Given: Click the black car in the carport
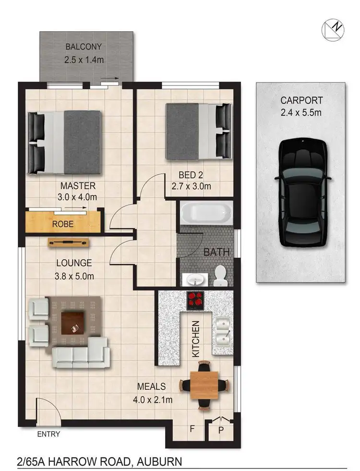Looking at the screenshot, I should [x=303, y=192].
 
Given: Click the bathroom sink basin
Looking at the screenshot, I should [x=195, y=278].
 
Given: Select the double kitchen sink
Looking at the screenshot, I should [x=222, y=331].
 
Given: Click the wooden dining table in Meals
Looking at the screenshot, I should [x=203, y=385].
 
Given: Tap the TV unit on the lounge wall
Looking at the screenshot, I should [x=69, y=242].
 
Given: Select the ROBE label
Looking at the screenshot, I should [x=63, y=223].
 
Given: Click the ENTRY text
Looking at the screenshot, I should [x=48, y=435].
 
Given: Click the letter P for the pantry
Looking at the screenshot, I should [x=221, y=430].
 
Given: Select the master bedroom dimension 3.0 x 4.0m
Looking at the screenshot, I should [x=78, y=196].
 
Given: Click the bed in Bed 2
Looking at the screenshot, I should [x=197, y=132].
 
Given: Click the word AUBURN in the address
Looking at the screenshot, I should [x=159, y=462].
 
